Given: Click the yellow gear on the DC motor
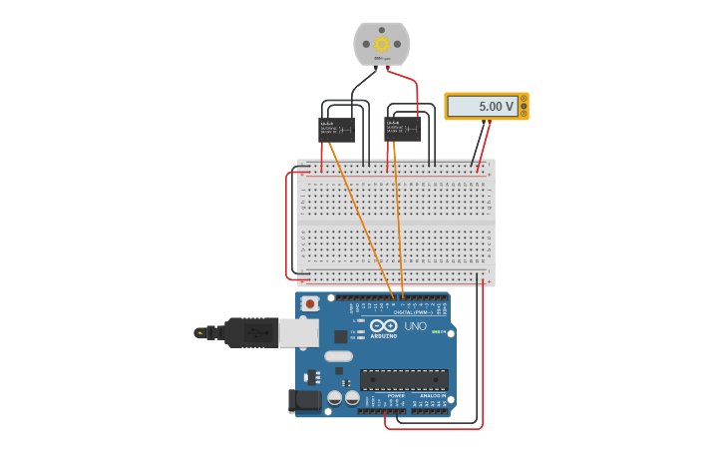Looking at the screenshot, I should pyautogui.click(x=382, y=44).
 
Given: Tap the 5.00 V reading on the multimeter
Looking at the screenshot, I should pyautogui.click(x=496, y=106).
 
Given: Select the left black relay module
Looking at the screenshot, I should pyautogui.click(x=336, y=129).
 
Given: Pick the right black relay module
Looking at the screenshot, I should pyautogui.click(x=402, y=129).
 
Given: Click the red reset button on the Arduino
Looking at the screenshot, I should pyautogui.click(x=310, y=303).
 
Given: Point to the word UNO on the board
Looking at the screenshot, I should pyautogui.click(x=415, y=326).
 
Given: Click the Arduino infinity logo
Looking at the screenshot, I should pyautogui.click(x=384, y=326).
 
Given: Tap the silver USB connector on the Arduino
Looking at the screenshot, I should pyautogui.click(x=298, y=332).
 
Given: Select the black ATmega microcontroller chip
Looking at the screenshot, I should pyautogui.click(x=404, y=379).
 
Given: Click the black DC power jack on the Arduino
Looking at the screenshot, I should pyautogui.click(x=305, y=401).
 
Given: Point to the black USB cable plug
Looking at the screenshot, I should pyautogui.click(x=249, y=332).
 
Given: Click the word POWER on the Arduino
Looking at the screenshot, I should pyautogui.click(x=396, y=395).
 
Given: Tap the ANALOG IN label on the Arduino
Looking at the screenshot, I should pyautogui.click(x=431, y=395).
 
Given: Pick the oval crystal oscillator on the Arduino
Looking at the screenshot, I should pyautogui.click(x=338, y=356).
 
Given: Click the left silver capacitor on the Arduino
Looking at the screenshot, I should pyautogui.click(x=334, y=397).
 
